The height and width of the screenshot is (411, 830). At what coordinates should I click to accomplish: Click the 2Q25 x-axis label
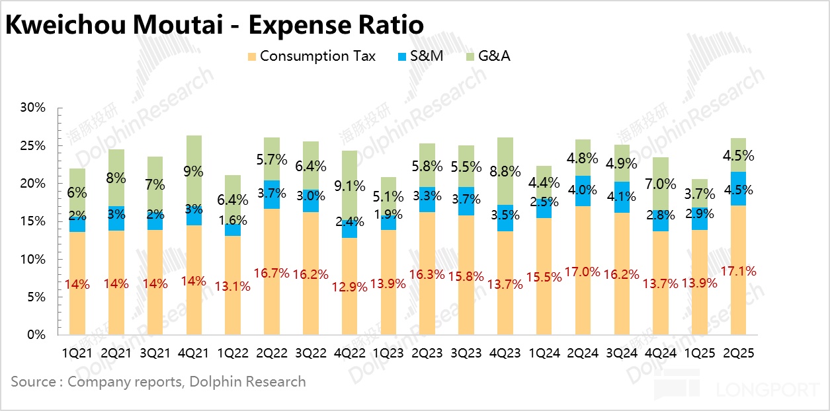coord(739,354)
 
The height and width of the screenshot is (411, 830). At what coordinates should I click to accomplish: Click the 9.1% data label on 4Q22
coord(350,186)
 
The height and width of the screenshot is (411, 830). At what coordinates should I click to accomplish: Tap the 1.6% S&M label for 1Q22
coord(233,220)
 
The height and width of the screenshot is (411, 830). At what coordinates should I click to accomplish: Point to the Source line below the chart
coord(158,382)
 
